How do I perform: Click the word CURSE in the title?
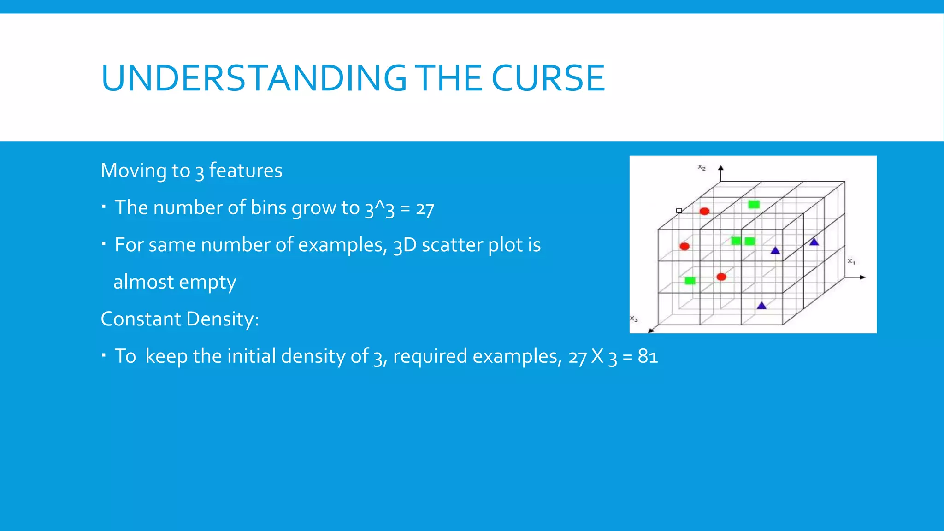[x=548, y=78]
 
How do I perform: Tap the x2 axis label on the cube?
[x=701, y=167]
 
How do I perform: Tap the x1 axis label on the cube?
[x=851, y=261]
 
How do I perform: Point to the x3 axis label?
[x=634, y=319]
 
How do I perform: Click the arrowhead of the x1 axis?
[x=863, y=277]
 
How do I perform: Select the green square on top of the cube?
[x=754, y=204]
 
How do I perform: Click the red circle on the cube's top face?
[x=704, y=211]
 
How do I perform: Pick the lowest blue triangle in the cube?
[x=761, y=306]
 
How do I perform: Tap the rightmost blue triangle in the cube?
[x=814, y=242]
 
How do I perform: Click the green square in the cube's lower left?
[x=690, y=280]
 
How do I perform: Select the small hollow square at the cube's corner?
[x=679, y=211]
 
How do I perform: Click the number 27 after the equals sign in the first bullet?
[x=425, y=208]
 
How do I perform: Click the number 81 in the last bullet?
[x=648, y=356]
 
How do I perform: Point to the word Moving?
[x=133, y=171]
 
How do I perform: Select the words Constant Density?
[x=180, y=319]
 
